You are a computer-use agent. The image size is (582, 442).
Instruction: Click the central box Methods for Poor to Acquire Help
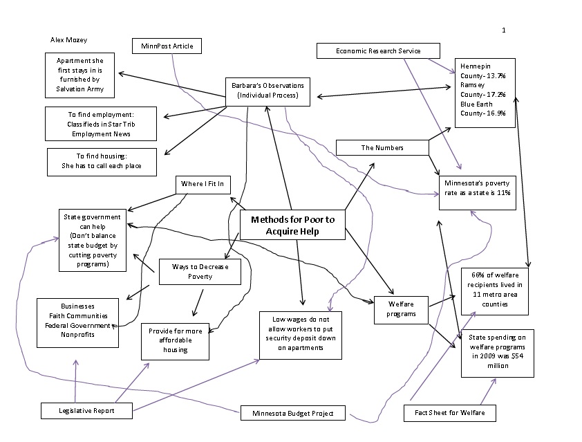pos(292,225)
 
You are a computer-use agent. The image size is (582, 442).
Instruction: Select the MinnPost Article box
pos(167,46)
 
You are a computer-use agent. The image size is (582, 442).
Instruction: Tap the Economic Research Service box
pos(378,50)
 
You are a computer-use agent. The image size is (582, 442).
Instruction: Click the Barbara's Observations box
pos(267,91)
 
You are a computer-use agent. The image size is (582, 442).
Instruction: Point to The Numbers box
pos(382,147)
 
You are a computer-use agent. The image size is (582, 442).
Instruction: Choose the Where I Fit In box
pos(202,183)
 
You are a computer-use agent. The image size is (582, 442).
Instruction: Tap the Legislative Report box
pos(86,410)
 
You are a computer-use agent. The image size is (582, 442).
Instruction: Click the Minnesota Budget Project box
pos(292,414)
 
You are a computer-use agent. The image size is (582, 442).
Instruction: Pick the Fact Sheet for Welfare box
pos(449,413)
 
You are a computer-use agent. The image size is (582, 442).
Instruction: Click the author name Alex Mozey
pos(68,41)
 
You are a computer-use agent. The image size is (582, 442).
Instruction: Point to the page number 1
pos(504,30)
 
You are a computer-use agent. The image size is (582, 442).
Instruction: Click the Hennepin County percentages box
pos(484,93)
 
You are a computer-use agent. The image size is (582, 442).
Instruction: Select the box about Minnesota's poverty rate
pos(477,187)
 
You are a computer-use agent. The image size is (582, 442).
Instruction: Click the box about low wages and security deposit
pos(300,334)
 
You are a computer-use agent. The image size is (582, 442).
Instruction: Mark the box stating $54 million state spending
pos(497,351)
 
